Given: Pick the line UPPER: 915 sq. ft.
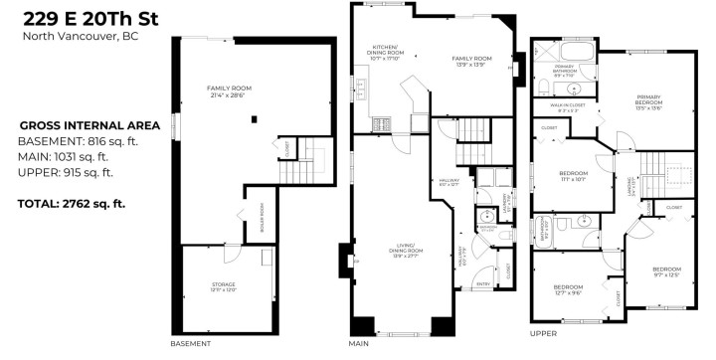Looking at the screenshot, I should point(66,172).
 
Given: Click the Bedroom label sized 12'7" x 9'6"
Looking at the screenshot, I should point(568,288).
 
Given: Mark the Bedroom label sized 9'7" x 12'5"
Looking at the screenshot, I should point(666,272).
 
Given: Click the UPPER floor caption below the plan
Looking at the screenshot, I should point(543,334).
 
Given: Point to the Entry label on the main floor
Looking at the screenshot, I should point(484,283).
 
